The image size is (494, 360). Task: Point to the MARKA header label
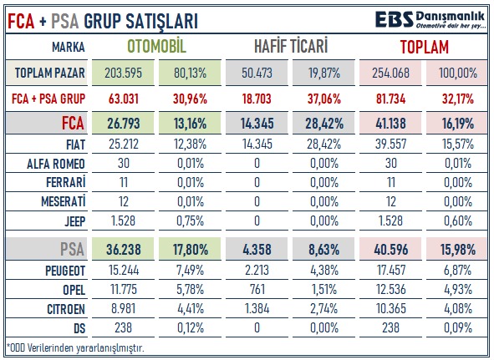coord(69,48)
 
